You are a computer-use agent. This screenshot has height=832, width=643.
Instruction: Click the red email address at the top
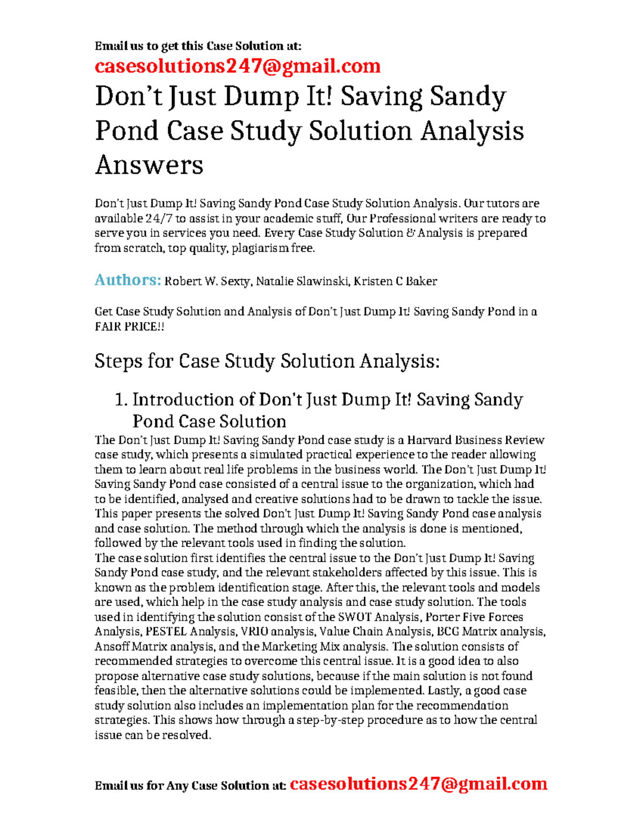click(237, 66)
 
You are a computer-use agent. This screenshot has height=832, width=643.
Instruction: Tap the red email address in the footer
click(418, 784)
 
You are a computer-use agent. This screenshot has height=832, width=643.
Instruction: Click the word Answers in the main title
click(149, 164)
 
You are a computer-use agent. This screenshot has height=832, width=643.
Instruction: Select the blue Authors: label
click(128, 280)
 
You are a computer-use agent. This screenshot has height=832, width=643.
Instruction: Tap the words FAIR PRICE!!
click(129, 326)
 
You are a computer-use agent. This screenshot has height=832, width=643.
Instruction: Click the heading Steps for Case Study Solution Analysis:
click(267, 361)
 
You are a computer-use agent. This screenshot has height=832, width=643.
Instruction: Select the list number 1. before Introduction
click(121, 400)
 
